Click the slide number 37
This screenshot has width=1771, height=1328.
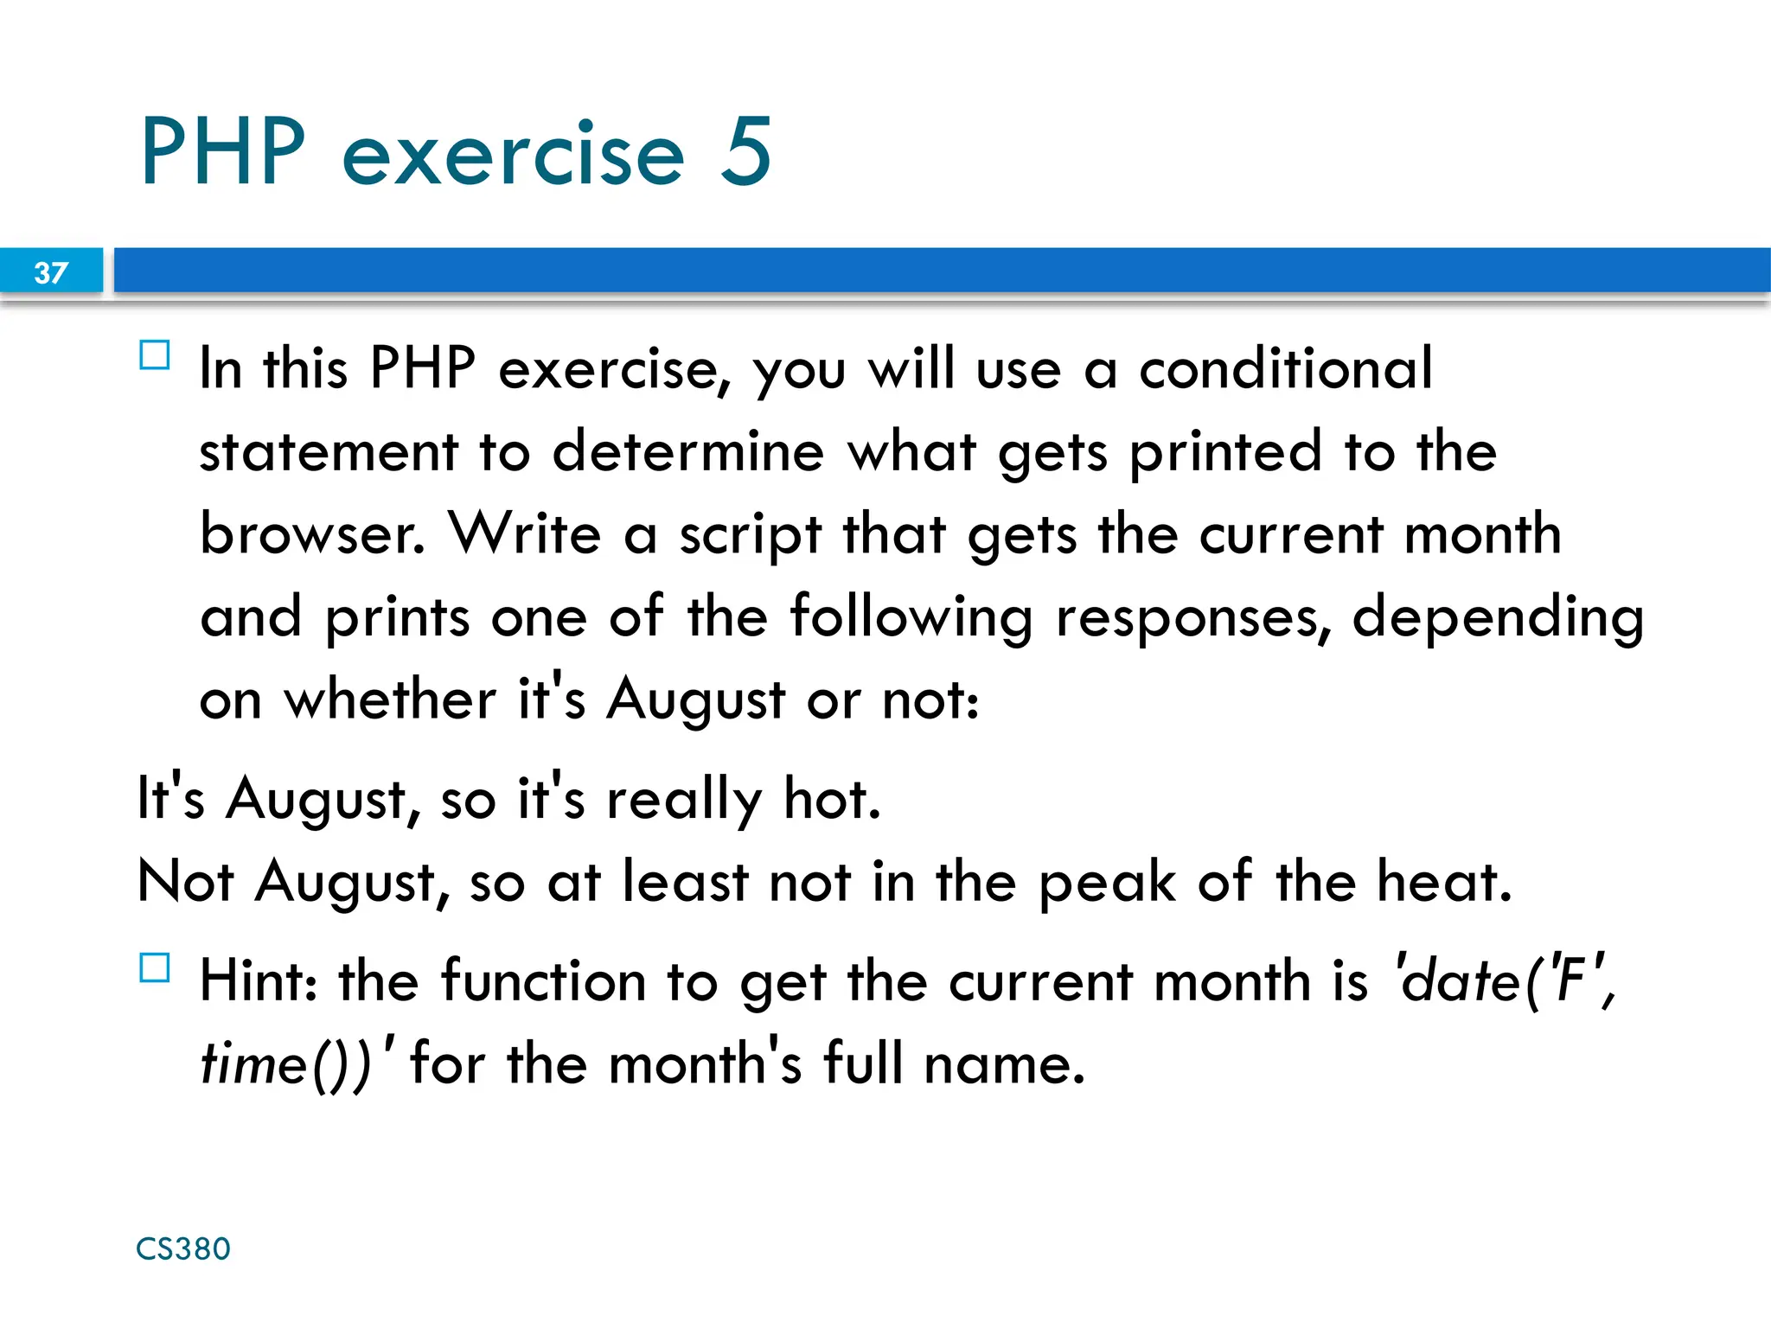pyautogui.click(x=51, y=273)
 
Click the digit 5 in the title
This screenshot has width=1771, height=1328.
pyautogui.click(x=745, y=152)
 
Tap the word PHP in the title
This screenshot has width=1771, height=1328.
pyautogui.click(x=223, y=152)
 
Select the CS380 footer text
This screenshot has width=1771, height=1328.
pyautogui.click(x=183, y=1248)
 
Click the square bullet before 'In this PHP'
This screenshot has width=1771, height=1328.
pyautogui.click(x=155, y=355)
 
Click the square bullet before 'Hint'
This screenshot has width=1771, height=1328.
pyautogui.click(x=155, y=967)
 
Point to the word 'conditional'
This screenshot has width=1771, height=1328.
pyautogui.click(x=1286, y=369)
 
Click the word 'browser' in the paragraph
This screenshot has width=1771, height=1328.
pyautogui.click(x=312, y=533)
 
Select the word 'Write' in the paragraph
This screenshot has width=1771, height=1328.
pyautogui.click(x=525, y=533)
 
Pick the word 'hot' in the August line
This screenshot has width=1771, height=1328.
pyautogui.click(x=831, y=799)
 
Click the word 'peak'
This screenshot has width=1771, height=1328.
pyautogui.click(x=1107, y=882)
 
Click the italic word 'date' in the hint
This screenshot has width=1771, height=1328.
pyautogui.click(x=1460, y=981)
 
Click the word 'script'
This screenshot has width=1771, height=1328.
pyautogui.click(x=750, y=535)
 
